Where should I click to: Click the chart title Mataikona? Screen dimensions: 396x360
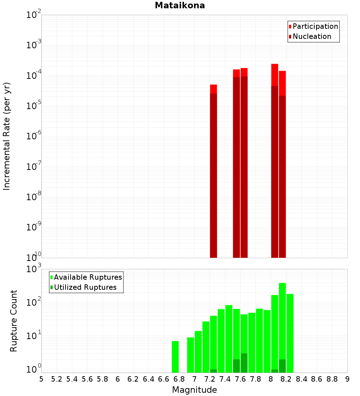[180, 5]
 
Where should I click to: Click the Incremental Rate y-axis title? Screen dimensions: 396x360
[7, 136]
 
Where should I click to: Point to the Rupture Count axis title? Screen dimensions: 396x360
[14, 321]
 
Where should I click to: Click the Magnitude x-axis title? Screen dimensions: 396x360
[194, 390]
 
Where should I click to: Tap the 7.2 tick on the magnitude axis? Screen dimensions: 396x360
[210, 379]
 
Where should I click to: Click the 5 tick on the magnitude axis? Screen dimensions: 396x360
[41, 379]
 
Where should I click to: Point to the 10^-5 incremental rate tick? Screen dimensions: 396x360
[33, 106]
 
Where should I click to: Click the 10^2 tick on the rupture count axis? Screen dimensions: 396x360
[33, 302]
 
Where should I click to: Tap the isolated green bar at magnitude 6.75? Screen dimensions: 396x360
[175, 356]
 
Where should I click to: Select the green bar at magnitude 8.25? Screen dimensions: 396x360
[290, 333]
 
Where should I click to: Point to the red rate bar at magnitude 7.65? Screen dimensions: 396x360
[244, 162]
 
